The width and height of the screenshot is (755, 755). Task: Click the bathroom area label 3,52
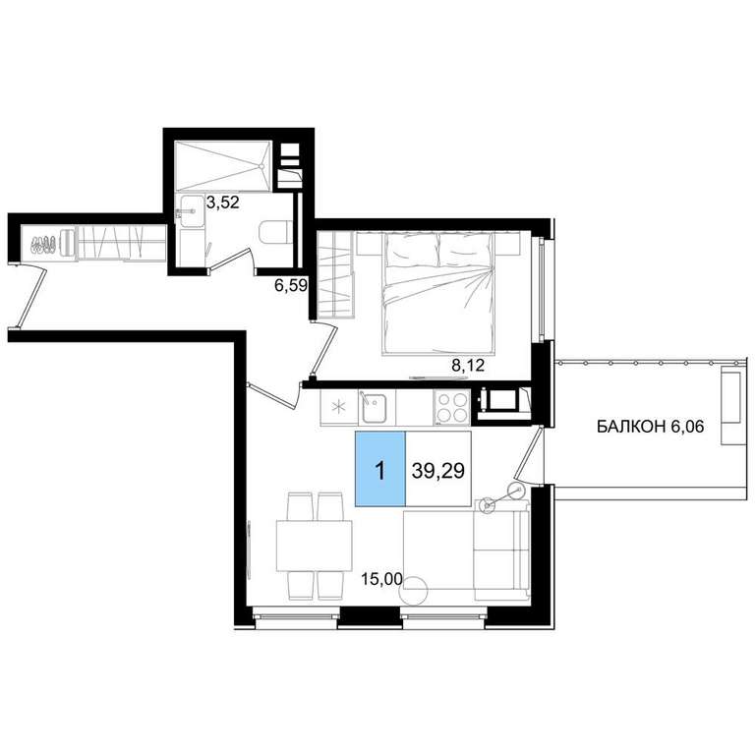coord(222,203)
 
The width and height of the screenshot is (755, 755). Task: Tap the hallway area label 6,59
coord(291,286)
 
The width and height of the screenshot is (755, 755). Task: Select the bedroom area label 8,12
coord(468,366)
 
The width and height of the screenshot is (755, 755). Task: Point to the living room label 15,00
coord(381,579)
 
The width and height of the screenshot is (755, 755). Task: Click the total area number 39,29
coord(438,471)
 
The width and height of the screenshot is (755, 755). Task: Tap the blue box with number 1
coord(380,469)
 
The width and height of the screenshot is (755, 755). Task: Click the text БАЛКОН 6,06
coord(651,426)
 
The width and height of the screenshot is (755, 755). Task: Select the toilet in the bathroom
coord(274,233)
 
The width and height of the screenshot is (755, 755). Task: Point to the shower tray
coord(223,166)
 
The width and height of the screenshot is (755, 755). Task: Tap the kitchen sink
coord(374,407)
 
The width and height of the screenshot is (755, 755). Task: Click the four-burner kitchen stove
coord(451,407)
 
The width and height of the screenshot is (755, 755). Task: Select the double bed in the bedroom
coord(438,294)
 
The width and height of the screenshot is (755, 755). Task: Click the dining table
coord(314,546)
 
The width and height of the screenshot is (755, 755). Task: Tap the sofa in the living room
coord(500,550)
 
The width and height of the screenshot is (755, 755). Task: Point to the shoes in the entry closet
coord(42,244)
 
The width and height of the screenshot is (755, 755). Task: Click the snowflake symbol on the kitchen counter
coord(339,407)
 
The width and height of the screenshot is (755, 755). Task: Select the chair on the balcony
coord(731,405)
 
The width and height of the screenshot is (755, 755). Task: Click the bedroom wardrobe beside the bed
coord(335,274)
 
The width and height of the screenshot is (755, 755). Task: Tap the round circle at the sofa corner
coord(414,590)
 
